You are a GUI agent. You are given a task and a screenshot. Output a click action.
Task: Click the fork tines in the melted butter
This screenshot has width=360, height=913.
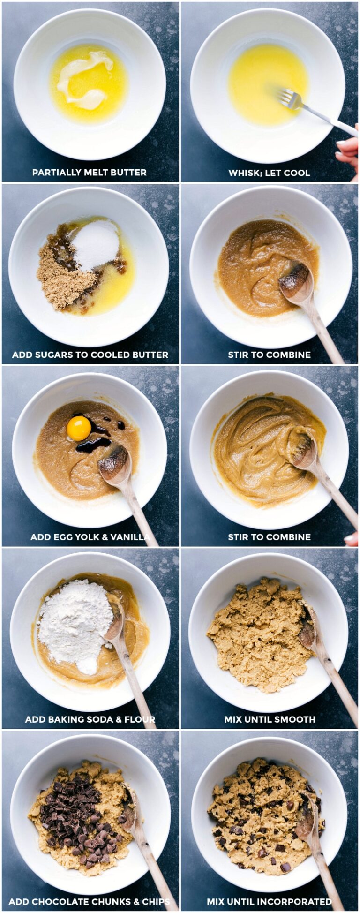pyautogui.click(x=287, y=98)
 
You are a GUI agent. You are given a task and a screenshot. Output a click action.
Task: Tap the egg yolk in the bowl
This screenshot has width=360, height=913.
pyautogui.click(x=79, y=428)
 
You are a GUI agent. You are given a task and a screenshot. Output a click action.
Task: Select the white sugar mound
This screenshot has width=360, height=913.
pyautogui.click(x=96, y=245)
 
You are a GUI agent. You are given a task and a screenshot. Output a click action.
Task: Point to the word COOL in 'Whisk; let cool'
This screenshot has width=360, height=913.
pyautogui.click(x=297, y=173)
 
